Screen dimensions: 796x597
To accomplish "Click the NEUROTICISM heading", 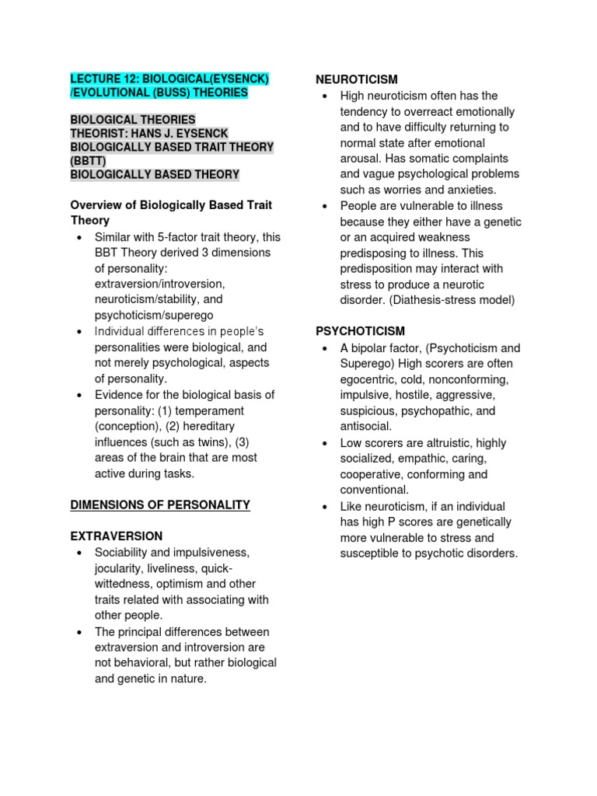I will click(356, 79).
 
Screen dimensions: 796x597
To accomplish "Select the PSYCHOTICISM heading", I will click(360, 331).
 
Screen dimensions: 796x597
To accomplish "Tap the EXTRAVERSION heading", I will click(117, 536).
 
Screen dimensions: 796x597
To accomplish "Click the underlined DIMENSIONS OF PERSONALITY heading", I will click(160, 504).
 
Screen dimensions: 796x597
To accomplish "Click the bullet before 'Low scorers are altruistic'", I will click(326, 443).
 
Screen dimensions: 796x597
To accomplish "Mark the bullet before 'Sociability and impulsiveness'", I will click(80, 553).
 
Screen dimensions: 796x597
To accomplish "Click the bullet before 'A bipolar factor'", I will click(326, 348).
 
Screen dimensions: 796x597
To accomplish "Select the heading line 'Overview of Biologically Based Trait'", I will click(171, 205).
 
